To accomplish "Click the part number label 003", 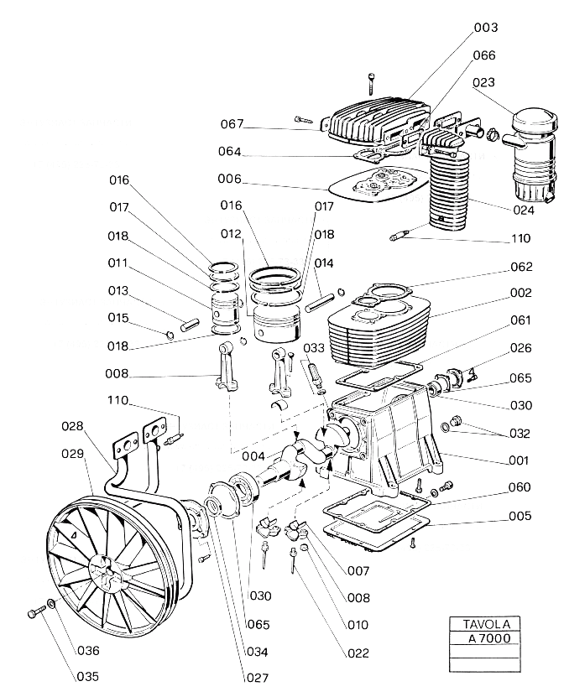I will click(509, 28).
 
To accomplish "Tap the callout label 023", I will click(507, 82).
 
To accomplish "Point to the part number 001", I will click(518, 460).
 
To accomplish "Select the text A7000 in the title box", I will click(486, 638).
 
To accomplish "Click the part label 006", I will click(229, 179).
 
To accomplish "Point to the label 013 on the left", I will click(118, 290).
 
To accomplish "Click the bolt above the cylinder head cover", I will click(370, 84).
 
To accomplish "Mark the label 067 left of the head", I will click(232, 124).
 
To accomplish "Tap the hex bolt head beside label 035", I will click(33, 615).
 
